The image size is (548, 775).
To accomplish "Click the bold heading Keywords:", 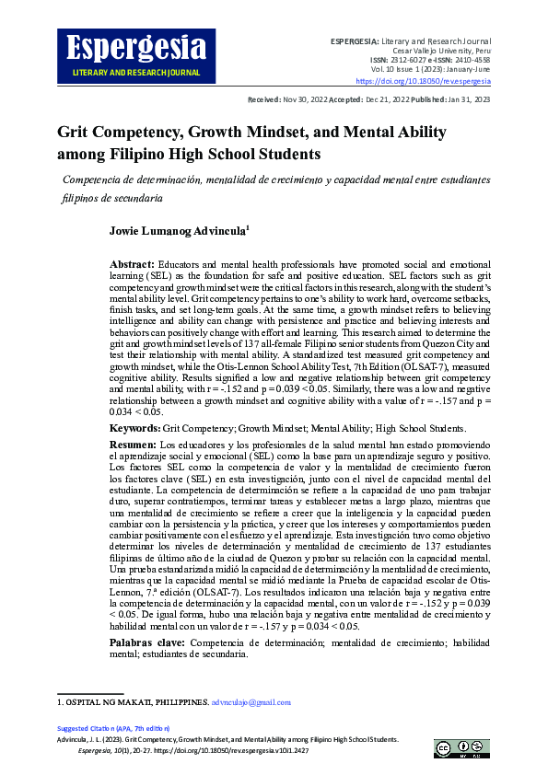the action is tap(134, 429).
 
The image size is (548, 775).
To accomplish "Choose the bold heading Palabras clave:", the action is tap(146, 642).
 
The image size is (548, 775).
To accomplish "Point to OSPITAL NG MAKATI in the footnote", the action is tap(111, 702).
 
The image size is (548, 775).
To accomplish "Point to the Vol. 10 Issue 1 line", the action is tap(430, 68).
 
